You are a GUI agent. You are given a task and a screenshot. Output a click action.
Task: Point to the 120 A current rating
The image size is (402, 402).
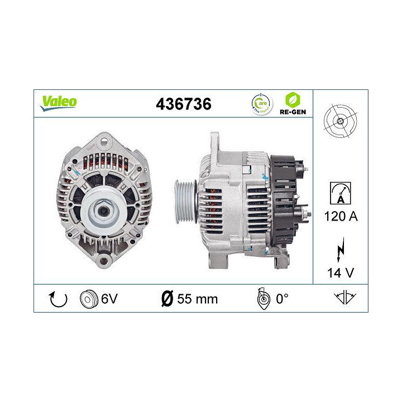[x=341, y=217]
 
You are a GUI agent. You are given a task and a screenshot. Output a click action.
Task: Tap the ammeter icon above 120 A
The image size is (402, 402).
[x=340, y=193]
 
